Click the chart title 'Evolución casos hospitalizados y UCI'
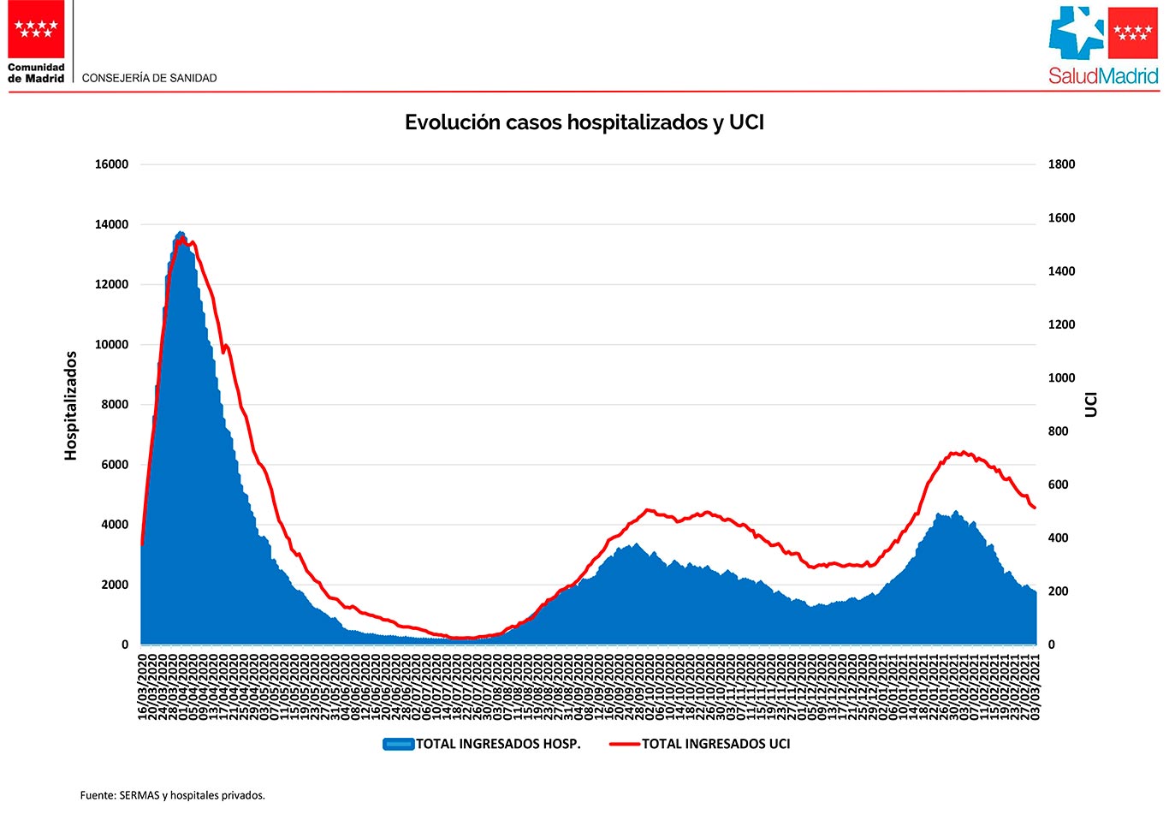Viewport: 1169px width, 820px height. point(584,122)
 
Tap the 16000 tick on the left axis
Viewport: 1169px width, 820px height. point(111,164)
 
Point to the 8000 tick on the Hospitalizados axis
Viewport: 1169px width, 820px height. point(115,405)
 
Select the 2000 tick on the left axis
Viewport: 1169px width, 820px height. point(115,585)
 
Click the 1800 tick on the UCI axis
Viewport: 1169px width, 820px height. point(1061,164)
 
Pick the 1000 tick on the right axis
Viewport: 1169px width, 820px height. point(1061,378)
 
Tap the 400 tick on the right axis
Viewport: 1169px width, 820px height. point(1058,538)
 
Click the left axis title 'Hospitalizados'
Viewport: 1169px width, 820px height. point(71,405)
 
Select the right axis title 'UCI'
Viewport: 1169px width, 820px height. point(1091,404)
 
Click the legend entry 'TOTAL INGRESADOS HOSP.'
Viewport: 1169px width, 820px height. point(498,744)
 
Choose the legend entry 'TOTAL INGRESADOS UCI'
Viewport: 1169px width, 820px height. point(716,744)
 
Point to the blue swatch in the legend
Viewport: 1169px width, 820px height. point(398,744)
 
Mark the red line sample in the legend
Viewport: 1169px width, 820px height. point(624,744)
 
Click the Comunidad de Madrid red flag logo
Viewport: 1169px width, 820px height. point(37,29)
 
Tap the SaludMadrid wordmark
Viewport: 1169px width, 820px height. point(1103,76)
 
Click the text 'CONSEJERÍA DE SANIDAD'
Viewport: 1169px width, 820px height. point(149,78)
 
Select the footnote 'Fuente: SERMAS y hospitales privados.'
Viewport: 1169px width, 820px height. point(173,795)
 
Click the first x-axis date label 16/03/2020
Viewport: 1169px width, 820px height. point(143,687)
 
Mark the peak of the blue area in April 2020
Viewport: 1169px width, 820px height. point(180,232)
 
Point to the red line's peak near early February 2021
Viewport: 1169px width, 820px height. point(963,452)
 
